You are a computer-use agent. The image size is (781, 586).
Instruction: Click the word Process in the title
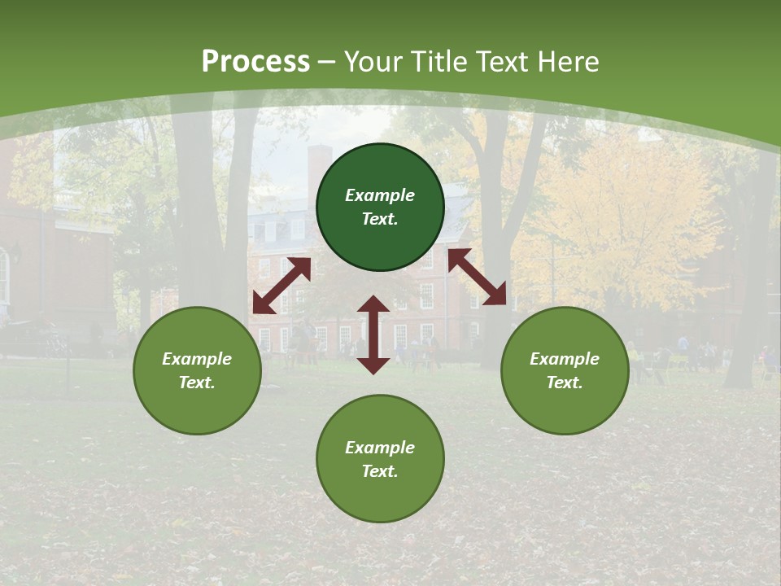tap(255, 62)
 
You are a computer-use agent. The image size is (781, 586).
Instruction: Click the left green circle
tap(197, 370)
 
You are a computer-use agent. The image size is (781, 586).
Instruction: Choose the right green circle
tap(565, 370)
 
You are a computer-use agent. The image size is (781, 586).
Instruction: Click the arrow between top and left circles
tap(281, 286)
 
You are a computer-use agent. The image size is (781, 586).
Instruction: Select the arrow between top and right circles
tap(478, 278)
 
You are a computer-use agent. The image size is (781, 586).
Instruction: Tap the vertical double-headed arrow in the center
tap(373, 335)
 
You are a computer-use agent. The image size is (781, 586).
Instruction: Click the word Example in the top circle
tap(380, 195)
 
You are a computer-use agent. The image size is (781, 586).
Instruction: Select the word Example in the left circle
tap(197, 359)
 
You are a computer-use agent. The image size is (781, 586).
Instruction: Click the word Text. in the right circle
tap(565, 383)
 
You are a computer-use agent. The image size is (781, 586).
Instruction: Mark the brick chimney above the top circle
tap(319, 167)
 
